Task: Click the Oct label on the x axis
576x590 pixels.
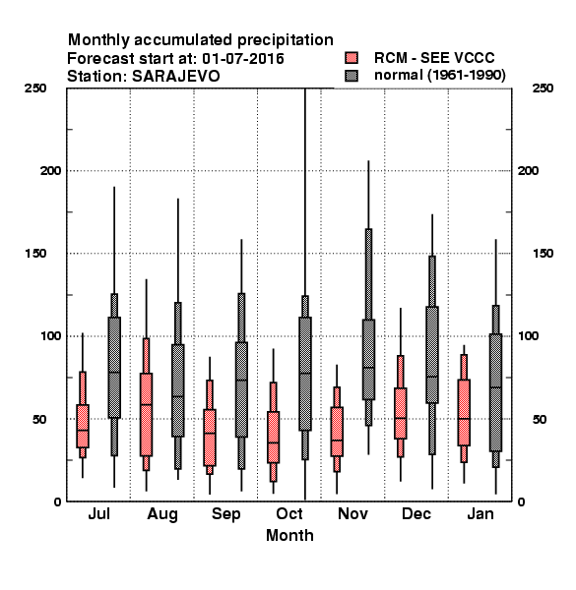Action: point(289,513)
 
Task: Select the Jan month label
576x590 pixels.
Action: point(480,513)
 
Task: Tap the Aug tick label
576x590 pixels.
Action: point(162,514)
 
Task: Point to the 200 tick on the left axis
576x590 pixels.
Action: point(50,170)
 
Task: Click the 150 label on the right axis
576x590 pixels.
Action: point(543,254)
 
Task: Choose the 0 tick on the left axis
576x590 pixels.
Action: point(57,501)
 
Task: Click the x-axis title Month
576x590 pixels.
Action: point(289,535)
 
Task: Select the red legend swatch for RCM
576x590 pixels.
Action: point(352,58)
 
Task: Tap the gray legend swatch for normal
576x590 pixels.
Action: point(352,76)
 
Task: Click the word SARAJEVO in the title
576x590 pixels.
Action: point(175,76)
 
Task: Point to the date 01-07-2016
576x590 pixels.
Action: point(243,58)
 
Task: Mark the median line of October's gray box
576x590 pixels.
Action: point(305,374)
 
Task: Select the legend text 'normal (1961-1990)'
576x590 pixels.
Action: point(439,76)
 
